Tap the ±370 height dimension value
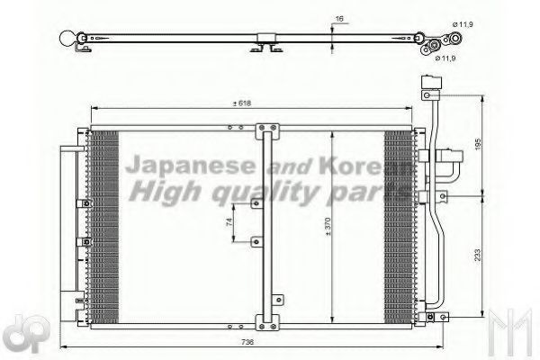click(x=328, y=229)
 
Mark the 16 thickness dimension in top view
click(x=337, y=17)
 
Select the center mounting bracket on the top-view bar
click(x=267, y=43)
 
